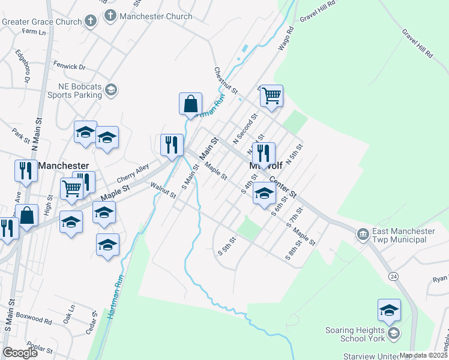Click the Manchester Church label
click(156, 16)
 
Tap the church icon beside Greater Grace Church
click(91, 22)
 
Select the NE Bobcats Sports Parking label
click(75, 91)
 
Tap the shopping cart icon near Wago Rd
click(272, 95)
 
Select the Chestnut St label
click(226, 80)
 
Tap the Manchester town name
click(64, 165)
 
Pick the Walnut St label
click(163, 191)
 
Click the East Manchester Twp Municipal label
click(399, 235)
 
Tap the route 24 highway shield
click(393, 275)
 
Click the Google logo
click(20, 353)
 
